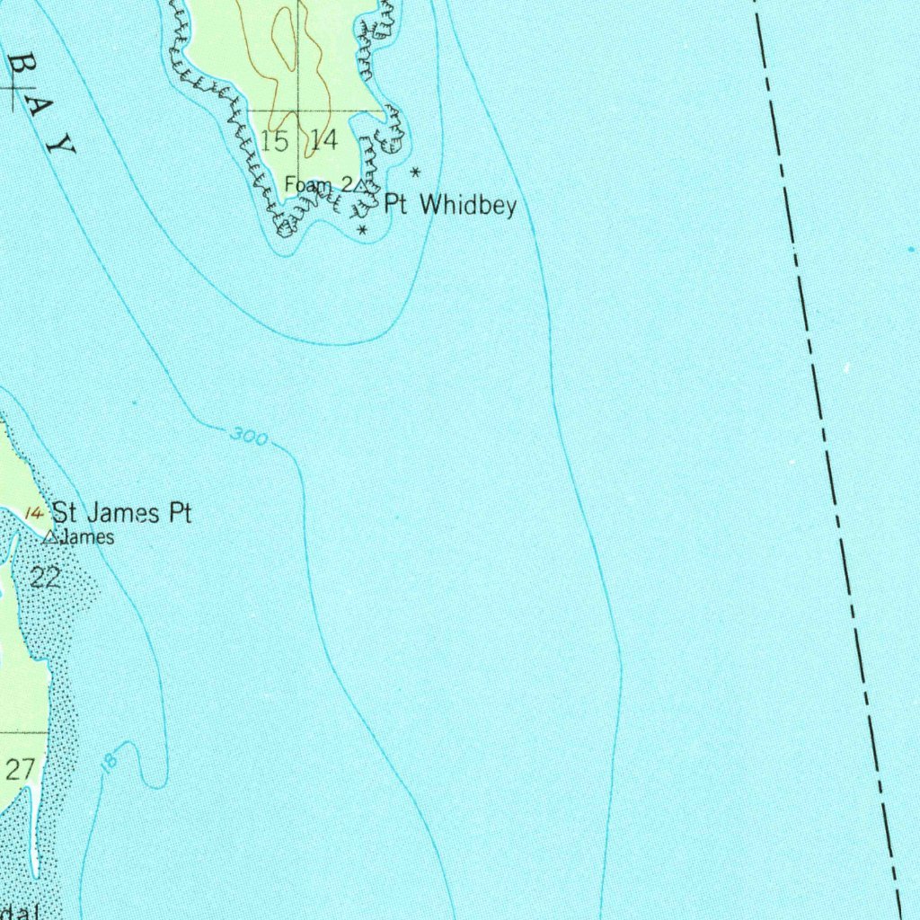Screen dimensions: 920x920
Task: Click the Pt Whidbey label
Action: pyautogui.click(x=450, y=206)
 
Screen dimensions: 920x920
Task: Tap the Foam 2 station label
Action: pyautogui.click(x=318, y=184)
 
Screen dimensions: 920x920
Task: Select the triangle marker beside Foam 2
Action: pyautogui.click(x=361, y=185)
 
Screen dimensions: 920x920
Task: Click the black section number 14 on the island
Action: pyautogui.click(x=323, y=140)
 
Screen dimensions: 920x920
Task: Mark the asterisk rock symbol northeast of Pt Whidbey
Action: pyautogui.click(x=415, y=171)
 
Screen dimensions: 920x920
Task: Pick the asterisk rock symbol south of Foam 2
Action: pyautogui.click(x=362, y=232)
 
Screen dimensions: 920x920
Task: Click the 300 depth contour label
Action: pyautogui.click(x=249, y=438)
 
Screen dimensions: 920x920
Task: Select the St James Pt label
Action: pyautogui.click(x=121, y=514)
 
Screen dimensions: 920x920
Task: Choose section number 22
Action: pyautogui.click(x=45, y=578)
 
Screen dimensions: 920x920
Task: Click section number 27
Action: pyautogui.click(x=20, y=769)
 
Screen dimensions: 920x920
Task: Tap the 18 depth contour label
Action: pyautogui.click(x=110, y=762)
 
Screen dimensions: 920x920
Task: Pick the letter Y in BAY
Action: pyautogui.click(x=62, y=144)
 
